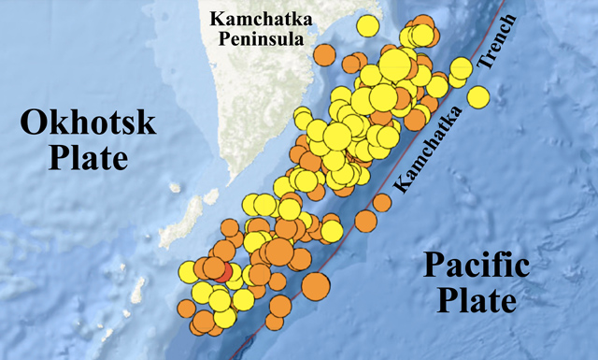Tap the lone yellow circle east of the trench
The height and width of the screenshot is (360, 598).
[x=478, y=96]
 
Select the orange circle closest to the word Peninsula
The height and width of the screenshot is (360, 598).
[x=324, y=54]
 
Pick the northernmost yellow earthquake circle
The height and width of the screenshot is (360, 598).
[x=370, y=24]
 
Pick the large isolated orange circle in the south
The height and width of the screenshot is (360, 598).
[x=316, y=285]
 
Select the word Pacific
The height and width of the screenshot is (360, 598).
[x=477, y=266]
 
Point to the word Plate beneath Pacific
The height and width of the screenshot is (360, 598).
[x=477, y=301]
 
